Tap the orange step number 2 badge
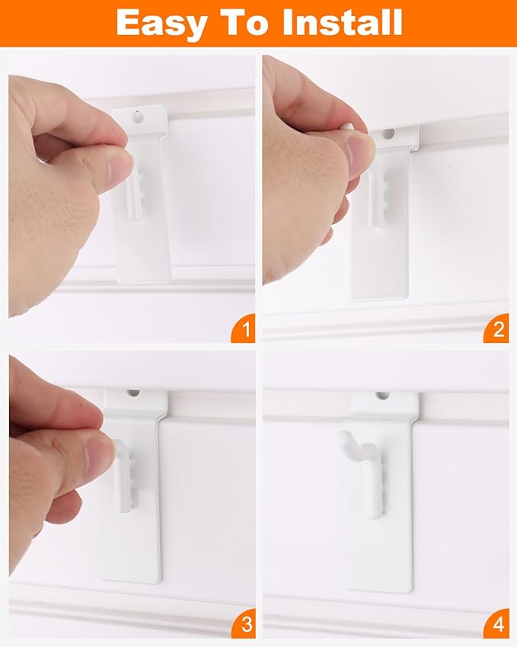[498, 331]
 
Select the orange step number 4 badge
[498, 626]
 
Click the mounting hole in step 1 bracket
[139, 117]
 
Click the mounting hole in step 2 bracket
[388, 133]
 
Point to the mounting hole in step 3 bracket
[133, 393]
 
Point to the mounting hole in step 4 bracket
[382, 396]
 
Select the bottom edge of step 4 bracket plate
[381, 589]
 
